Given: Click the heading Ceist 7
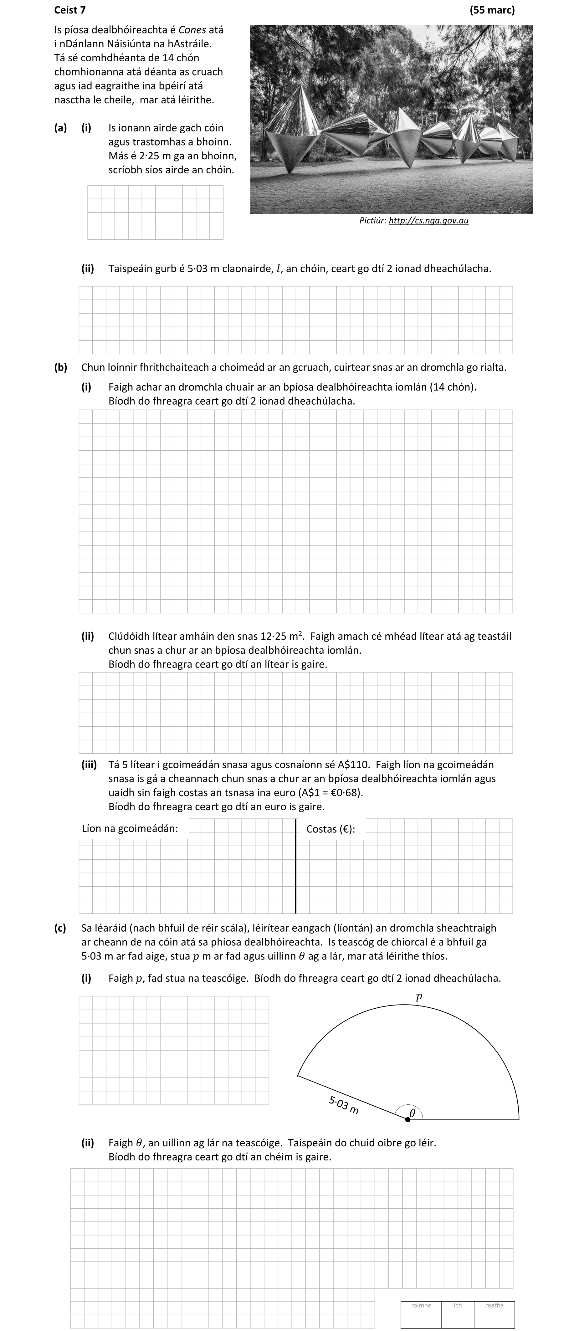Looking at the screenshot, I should (x=70, y=10).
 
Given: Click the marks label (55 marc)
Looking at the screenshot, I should (x=492, y=10).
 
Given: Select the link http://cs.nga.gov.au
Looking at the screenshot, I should (x=428, y=221).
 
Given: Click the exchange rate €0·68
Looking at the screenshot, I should (x=349, y=792).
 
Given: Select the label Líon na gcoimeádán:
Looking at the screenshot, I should (x=130, y=829).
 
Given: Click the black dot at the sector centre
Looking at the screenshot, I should (x=408, y=1119).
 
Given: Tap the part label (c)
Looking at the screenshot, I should (x=60, y=928).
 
